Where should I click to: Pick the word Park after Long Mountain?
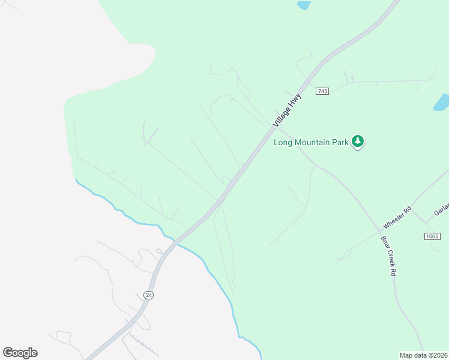tap(341, 143)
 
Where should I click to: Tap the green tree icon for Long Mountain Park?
tap(358, 142)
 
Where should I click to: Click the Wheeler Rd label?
tap(397, 217)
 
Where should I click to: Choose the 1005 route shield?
tap(432, 236)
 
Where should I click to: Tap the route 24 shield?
tap(148, 295)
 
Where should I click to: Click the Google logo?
tap(20, 353)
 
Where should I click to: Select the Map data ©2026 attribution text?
tap(423, 355)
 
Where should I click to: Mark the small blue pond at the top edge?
tap(304, 5)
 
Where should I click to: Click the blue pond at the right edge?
tap(442, 102)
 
